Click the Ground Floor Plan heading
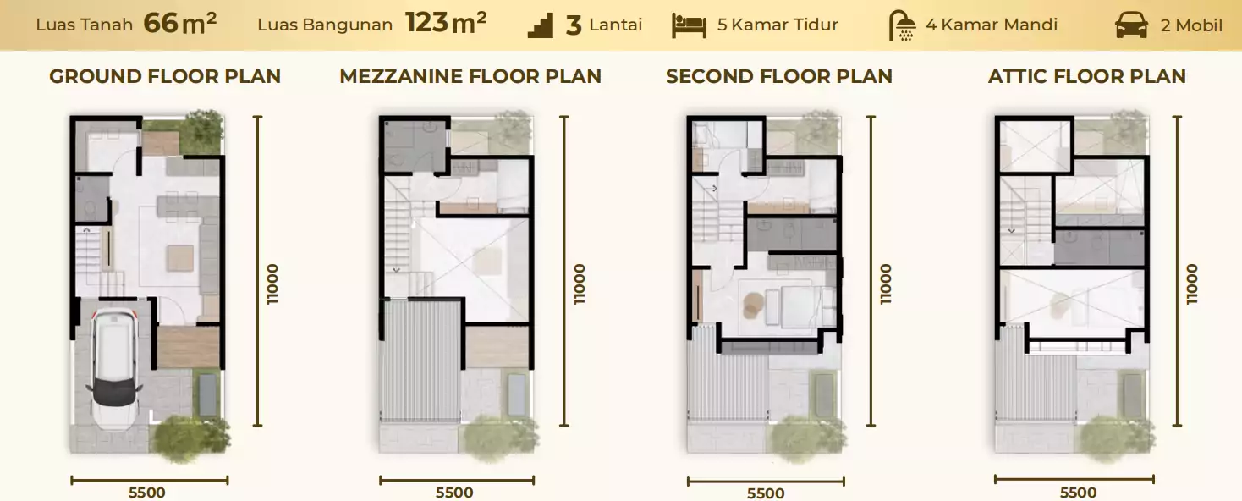165,76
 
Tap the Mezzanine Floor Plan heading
470,76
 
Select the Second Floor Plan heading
779,76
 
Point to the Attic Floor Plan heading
1086,76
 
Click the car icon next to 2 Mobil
1131,25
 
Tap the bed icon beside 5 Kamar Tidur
689,26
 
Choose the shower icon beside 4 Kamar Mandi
902,25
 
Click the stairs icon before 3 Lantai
540,26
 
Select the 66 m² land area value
179,24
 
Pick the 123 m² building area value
446,24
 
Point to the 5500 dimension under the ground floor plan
147,493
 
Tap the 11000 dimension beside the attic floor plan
1192,284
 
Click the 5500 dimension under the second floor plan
766,493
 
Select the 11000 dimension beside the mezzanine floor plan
580,284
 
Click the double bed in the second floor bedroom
794,306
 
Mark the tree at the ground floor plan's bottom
190,438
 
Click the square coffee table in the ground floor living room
181,258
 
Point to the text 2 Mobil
1191,25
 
